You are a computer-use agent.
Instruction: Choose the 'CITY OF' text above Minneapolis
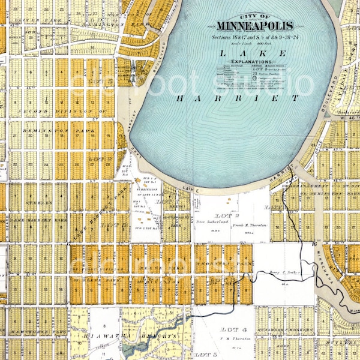point(254,17)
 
